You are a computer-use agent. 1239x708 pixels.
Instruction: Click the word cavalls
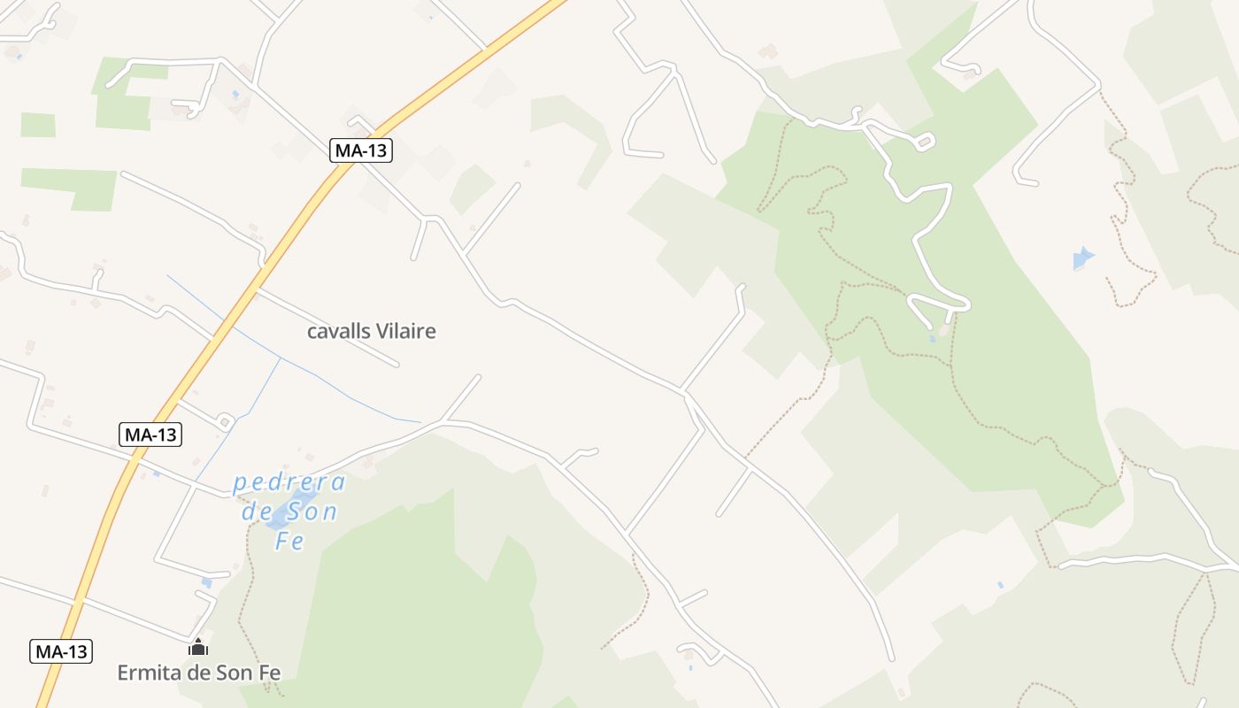[x=335, y=332]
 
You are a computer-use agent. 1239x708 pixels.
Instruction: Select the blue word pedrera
[x=289, y=483]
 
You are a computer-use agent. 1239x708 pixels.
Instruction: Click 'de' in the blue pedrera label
[x=257, y=512]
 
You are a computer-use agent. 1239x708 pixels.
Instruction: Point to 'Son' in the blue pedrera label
[x=310, y=512]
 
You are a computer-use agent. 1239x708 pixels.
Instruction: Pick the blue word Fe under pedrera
[x=289, y=541]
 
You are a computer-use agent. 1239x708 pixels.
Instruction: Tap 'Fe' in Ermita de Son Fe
[x=269, y=673]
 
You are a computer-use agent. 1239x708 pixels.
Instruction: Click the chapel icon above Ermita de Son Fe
[x=198, y=649]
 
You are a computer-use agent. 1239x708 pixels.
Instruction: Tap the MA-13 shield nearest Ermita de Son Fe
[x=61, y=652]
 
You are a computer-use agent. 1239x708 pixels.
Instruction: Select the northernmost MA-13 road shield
[x=361, y=150]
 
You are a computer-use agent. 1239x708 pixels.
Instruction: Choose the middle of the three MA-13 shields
[x=150, y=435]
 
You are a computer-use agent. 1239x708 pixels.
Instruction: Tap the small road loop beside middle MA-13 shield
[x=224, y=421]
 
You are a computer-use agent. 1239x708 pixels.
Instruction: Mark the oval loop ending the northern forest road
[x=925, y=141]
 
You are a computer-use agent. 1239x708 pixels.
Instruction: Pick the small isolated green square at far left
[x=38, y=125]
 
